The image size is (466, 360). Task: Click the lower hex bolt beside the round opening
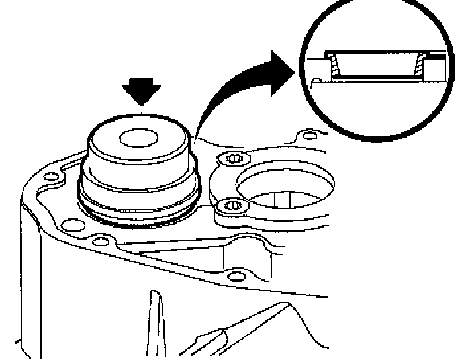click(x=232, y=206)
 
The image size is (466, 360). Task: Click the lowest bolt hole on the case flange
click(x=232, y=275)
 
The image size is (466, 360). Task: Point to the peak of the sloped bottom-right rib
click(x=289, y=306)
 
